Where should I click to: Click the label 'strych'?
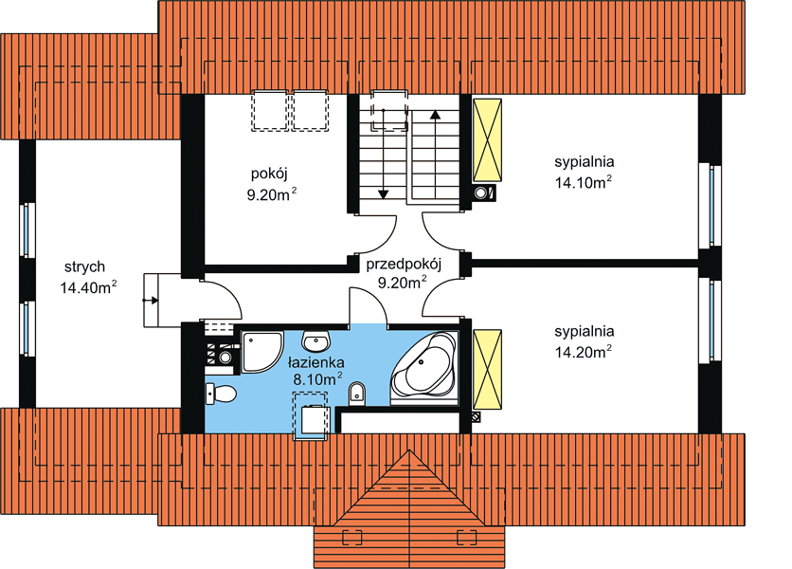(84, 267)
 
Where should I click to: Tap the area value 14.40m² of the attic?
(88, 287)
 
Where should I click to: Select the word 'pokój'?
(269, 174)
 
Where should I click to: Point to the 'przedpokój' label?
(404, 265)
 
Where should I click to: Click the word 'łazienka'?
(316, 362)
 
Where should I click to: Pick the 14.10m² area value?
(584, 182)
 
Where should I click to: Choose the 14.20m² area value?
(584, 352)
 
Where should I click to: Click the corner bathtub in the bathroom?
(423, 363)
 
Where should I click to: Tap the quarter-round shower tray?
(261, 352)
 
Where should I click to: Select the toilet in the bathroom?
(221, 394)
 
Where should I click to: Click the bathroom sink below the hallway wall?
(316, 341)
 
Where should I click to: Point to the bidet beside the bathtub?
(357, 394)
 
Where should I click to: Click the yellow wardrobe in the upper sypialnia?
(487, 140)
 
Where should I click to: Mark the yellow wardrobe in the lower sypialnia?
(487, 369)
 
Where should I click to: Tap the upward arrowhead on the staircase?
(435, 115)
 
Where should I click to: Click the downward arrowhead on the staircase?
(384, 193)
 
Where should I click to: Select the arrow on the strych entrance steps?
(151, 301)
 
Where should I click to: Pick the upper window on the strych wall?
(27, 230)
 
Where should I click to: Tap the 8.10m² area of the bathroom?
(318, 378)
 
